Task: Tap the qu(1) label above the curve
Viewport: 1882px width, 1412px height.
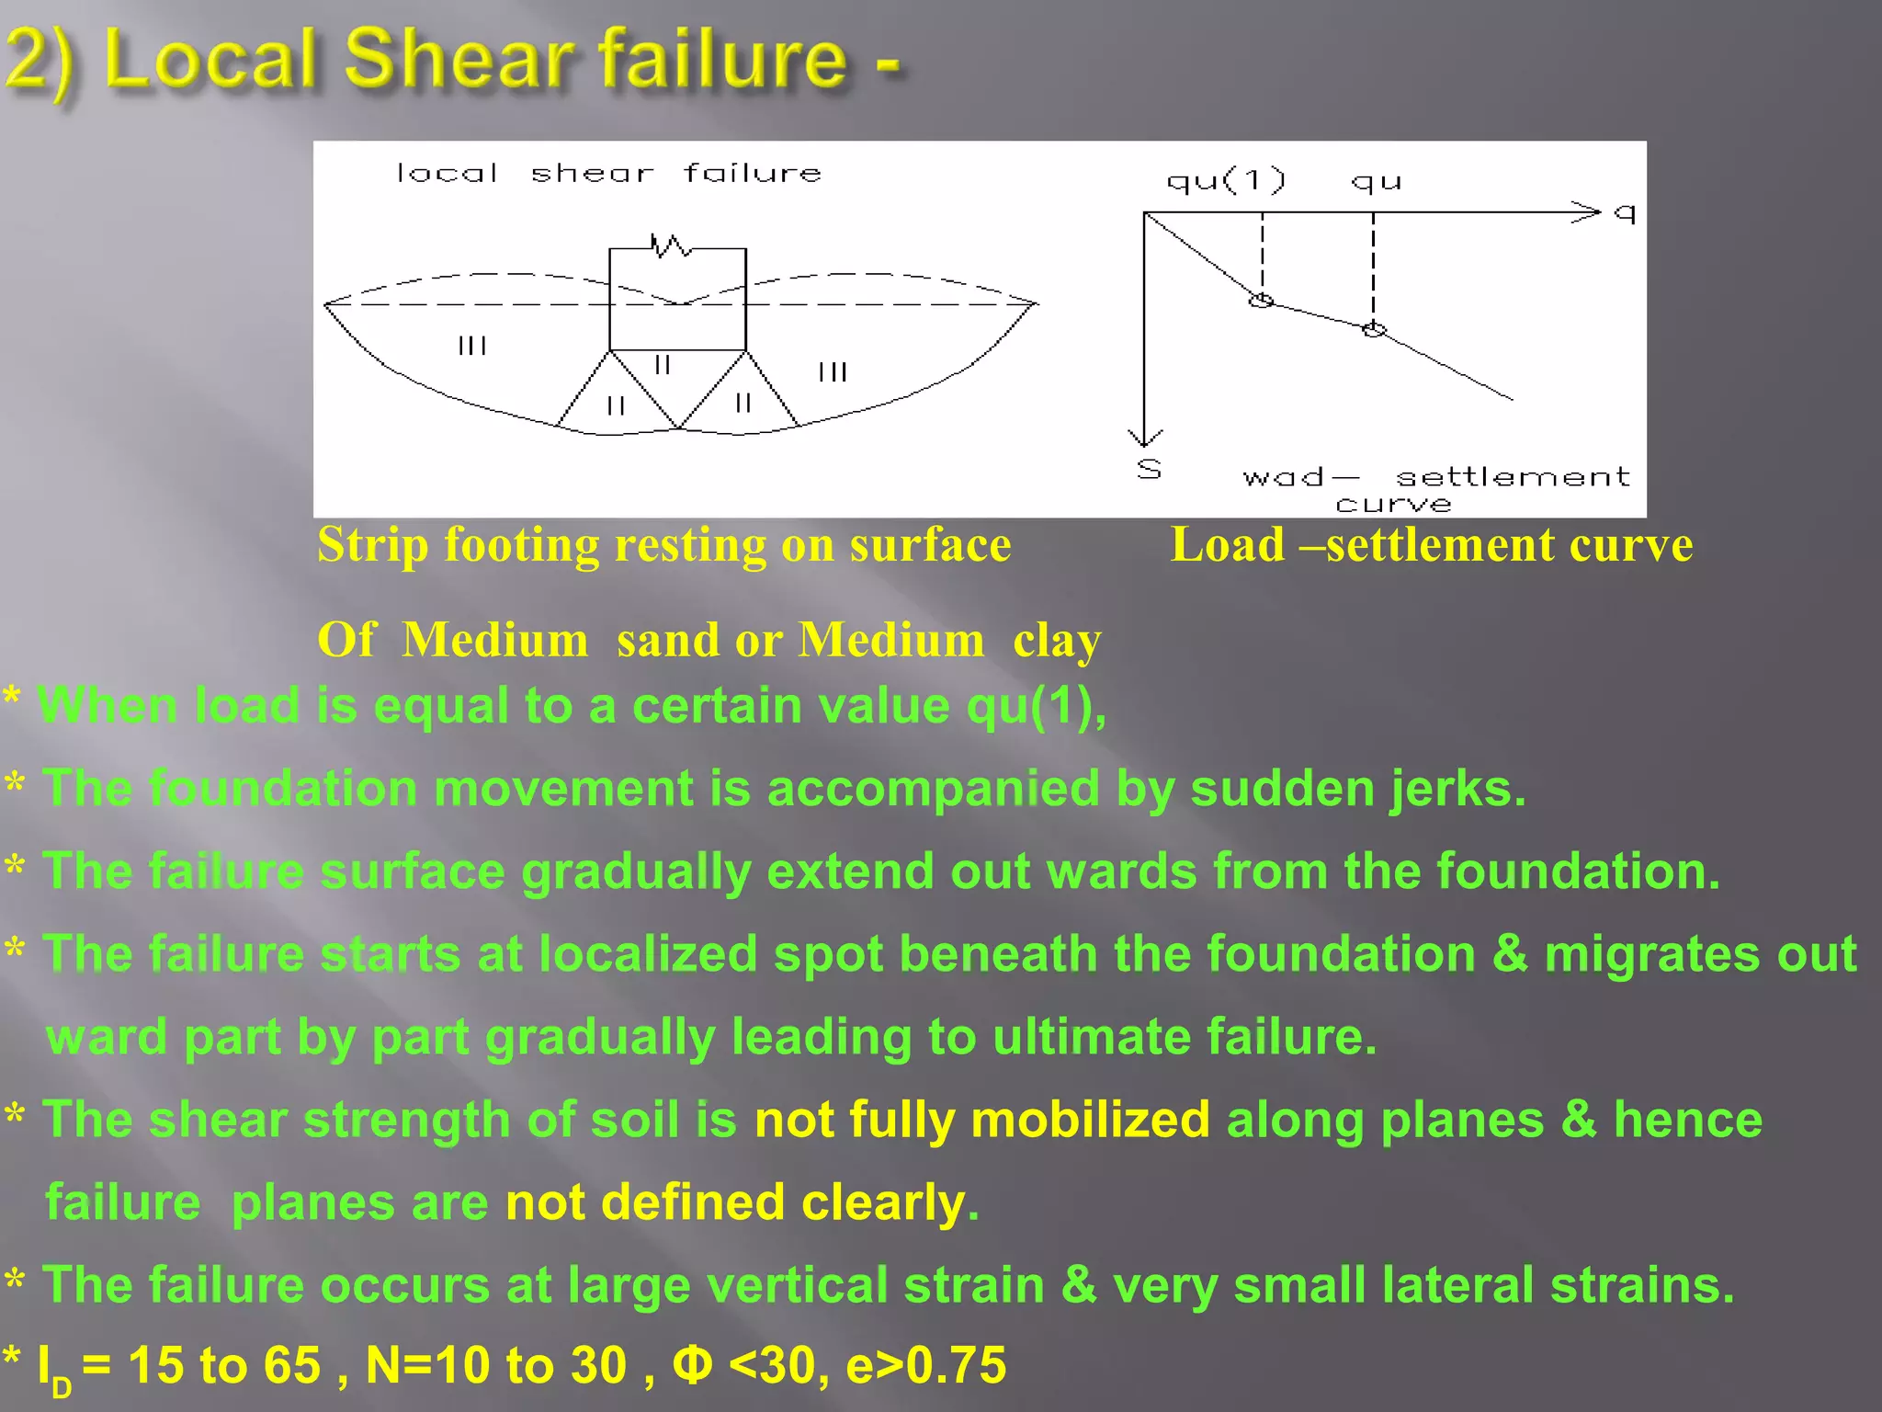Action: pyautogui.click(x=1226, y=180)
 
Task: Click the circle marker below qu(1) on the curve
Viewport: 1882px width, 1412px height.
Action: pyautogui.click(x=1262, y=301)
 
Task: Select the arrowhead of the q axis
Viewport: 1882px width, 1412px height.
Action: pyautogui.click(x=1587, y=212)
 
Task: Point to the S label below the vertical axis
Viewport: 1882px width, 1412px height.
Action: pyautogui.click(x=1149, y=469)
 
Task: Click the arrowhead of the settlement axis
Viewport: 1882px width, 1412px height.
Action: pyautogui.click(x=1145, y=437)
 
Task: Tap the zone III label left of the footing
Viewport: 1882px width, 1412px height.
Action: pyautogui.click(x=472, y=346)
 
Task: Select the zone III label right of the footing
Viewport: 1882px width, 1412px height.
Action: pyautogui.click(x=833, y=372)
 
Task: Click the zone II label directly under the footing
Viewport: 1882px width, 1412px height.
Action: pyautogui.click(x=663, y=365)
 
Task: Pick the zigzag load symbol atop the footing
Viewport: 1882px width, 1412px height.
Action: pyautogui.click(x=670, y=245)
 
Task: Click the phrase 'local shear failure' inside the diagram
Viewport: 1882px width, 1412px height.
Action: pyautogui.click(x=608, y=173)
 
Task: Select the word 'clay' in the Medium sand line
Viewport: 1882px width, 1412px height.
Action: pyautogui.click(x=1057, y=641)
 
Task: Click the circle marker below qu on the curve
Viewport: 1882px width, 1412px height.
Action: pyautogui.click(x=1374, y=329)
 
